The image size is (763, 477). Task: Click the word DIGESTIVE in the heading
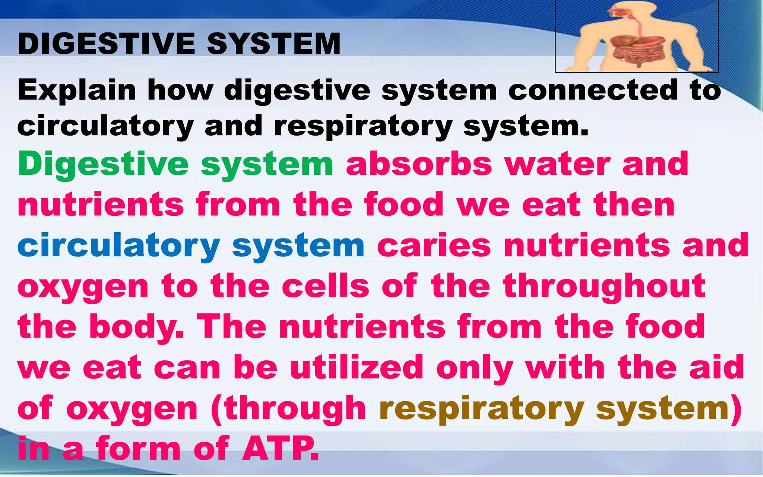point(106,44)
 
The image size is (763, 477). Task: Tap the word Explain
point(76,91)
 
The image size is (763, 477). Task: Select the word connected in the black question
point(592,91)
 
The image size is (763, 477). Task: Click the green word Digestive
point(103,164)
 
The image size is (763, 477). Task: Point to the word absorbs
point(419,164)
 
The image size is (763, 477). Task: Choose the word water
point(557,164)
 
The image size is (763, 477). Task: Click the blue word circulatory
point(118,246)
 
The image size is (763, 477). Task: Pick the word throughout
point(604,287)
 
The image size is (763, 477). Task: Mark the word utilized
point(357,367)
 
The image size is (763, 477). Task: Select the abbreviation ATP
point(280,449)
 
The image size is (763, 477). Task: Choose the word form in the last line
point(138,449)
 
